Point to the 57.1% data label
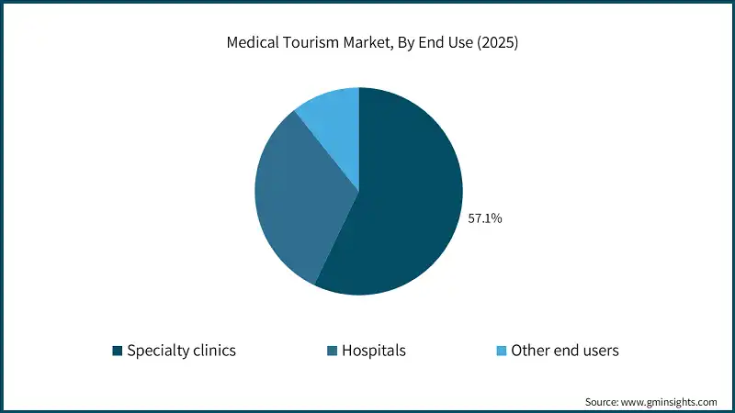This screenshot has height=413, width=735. (x=485, y=219)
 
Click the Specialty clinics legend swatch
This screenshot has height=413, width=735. (x=117, y=351)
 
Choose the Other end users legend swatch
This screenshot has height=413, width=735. (x=501, y=351)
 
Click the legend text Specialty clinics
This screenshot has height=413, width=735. (x=181, y=351)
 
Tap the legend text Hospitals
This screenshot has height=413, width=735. (x=374, y=351)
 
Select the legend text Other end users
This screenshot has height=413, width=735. (x=565, y=351)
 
